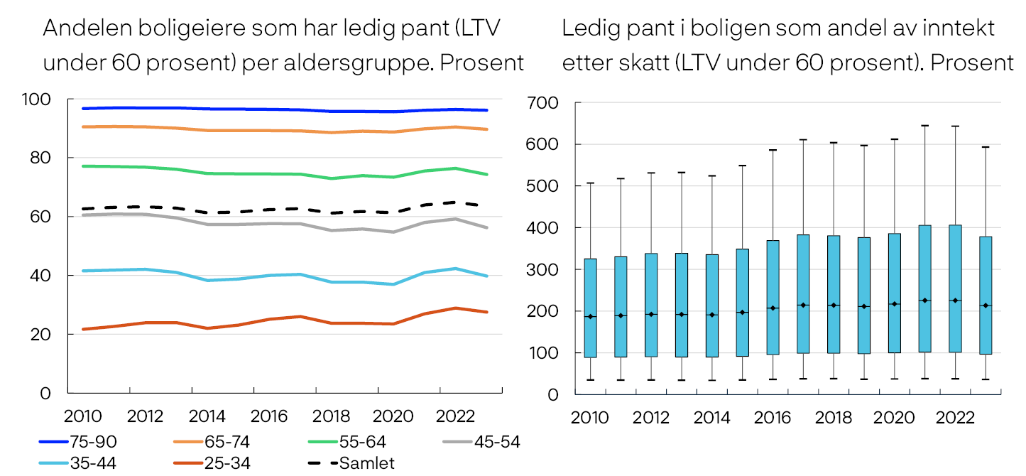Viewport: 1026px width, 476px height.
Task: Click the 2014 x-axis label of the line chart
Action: point(207,416)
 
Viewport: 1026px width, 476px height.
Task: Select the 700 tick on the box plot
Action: point(545,103)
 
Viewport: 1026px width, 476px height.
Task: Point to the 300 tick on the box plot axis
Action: point(545,270)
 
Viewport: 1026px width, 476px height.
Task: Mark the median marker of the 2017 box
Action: point(803,305)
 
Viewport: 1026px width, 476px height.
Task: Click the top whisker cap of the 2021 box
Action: point(924,126)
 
